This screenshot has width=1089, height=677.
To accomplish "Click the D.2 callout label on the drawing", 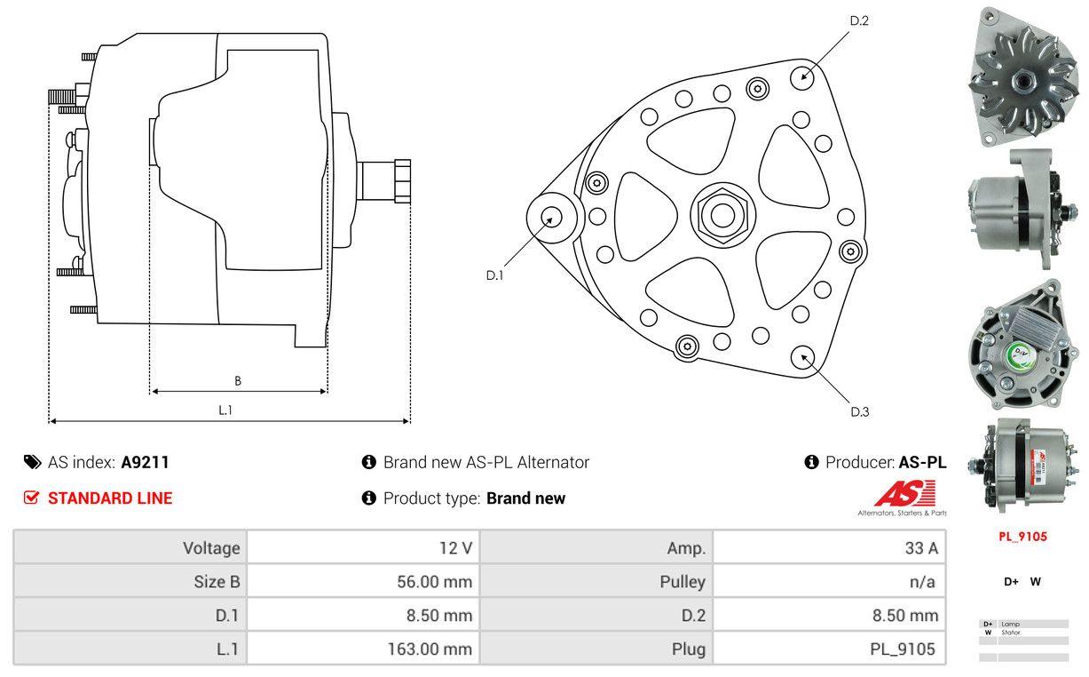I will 858,20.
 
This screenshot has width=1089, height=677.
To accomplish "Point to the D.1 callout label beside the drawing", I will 494,275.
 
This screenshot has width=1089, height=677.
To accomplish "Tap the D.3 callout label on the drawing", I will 859,411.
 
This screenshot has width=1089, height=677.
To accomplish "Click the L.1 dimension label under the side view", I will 225,410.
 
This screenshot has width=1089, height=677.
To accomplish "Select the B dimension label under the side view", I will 237,381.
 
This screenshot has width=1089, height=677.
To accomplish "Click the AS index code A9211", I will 145,462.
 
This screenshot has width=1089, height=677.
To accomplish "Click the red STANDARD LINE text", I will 110,498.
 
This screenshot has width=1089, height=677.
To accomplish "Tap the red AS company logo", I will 904,494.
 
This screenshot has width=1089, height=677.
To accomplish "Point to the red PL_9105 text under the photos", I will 1022,537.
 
